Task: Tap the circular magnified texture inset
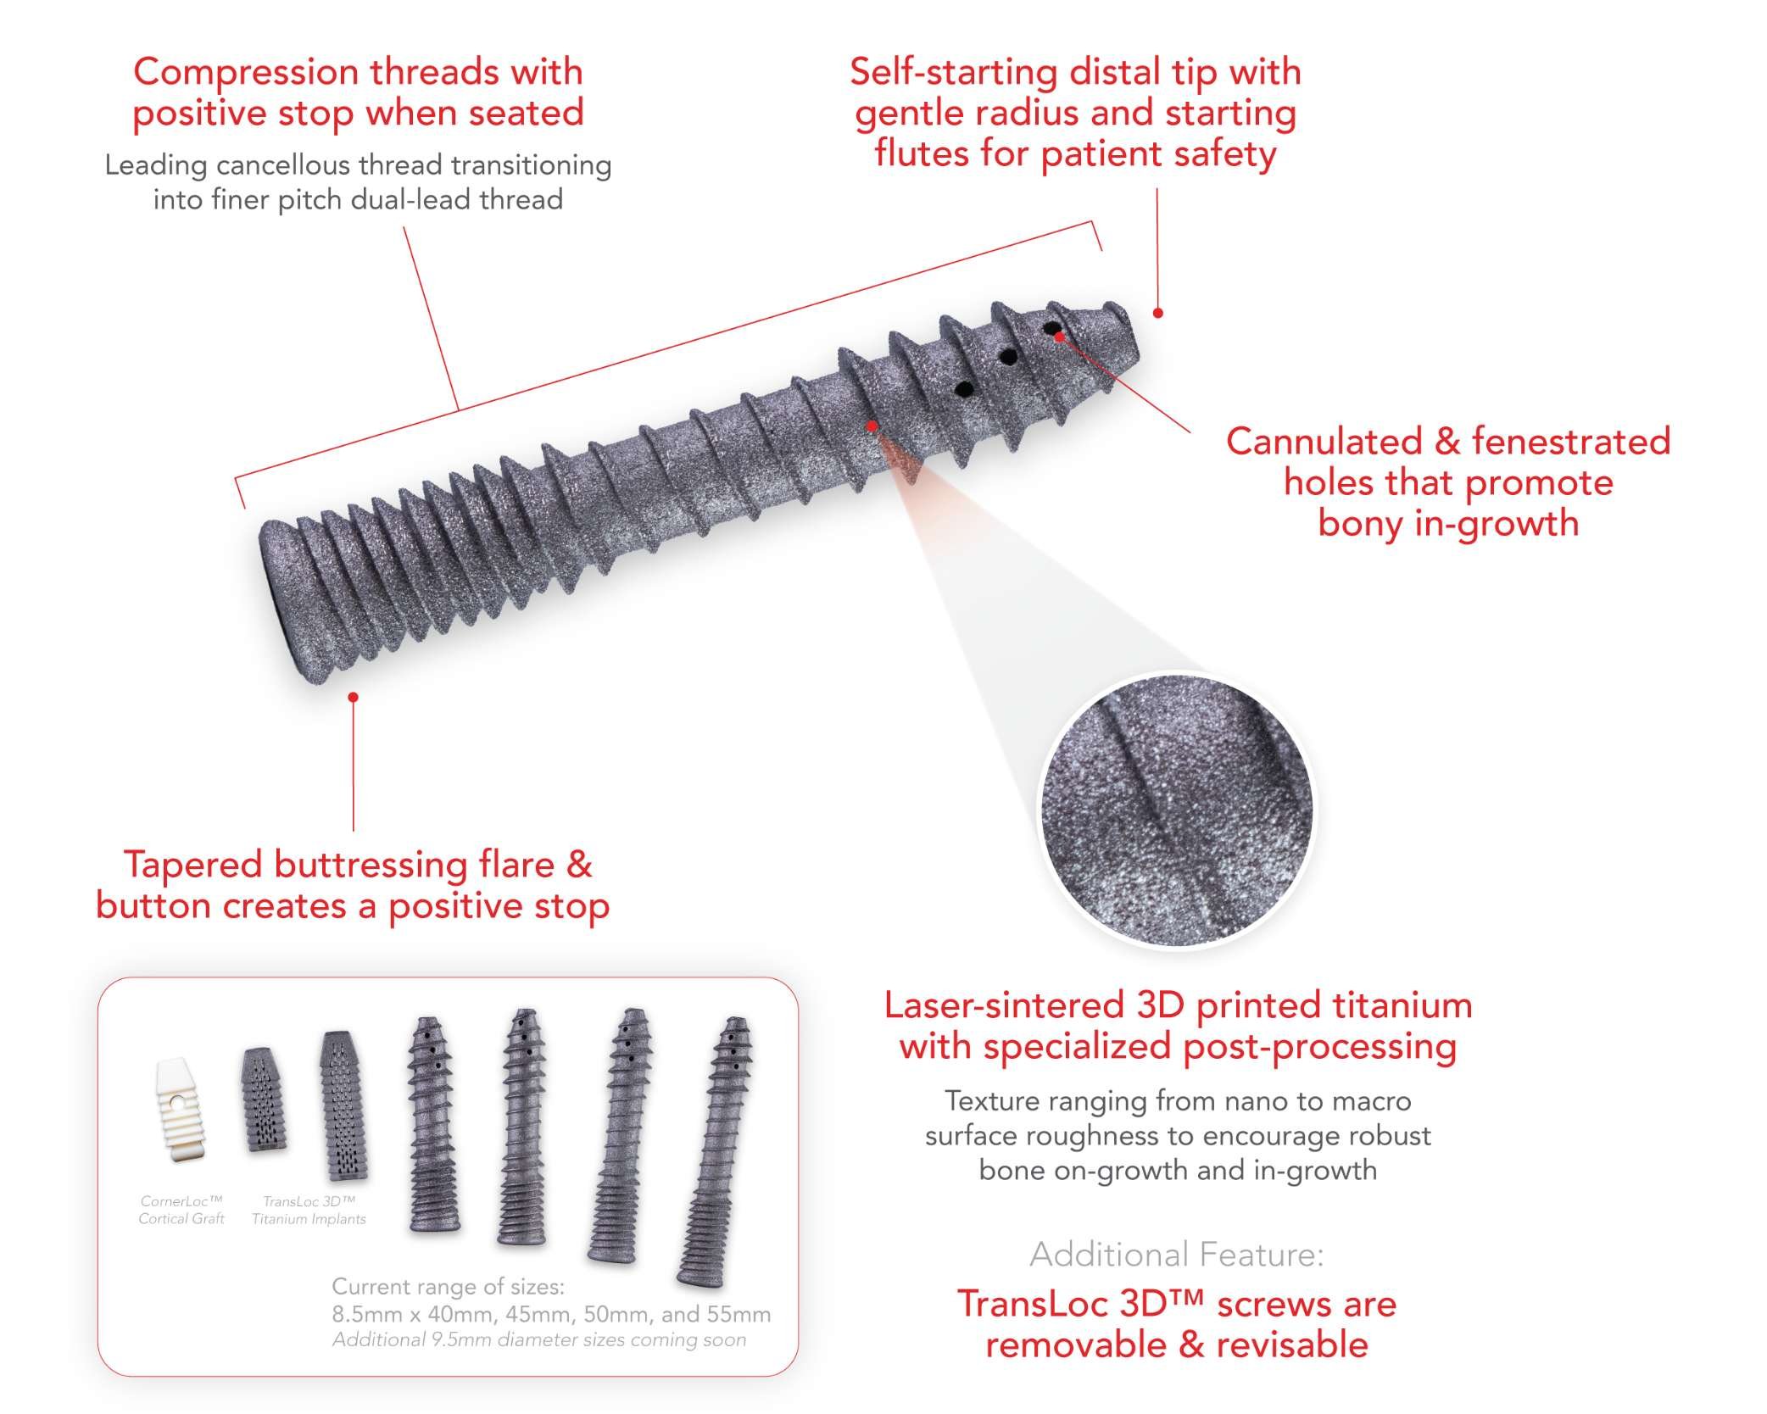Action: pyautogui.click(x=1177, y=810)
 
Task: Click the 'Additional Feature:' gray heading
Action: pyautogui.click(x=1176, y=1254)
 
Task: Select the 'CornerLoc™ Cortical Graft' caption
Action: pyautogui.click(x=181, y=1210)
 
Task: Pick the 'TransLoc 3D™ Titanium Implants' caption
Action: pyautogui.click(x=309, y=1210)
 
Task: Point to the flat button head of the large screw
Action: pyautogui.click(x=281, y=598)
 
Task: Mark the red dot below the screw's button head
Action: pyautogui.click(x=354, y=697)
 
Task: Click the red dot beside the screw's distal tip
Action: pyautogui.click(x=1158, y=313)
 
